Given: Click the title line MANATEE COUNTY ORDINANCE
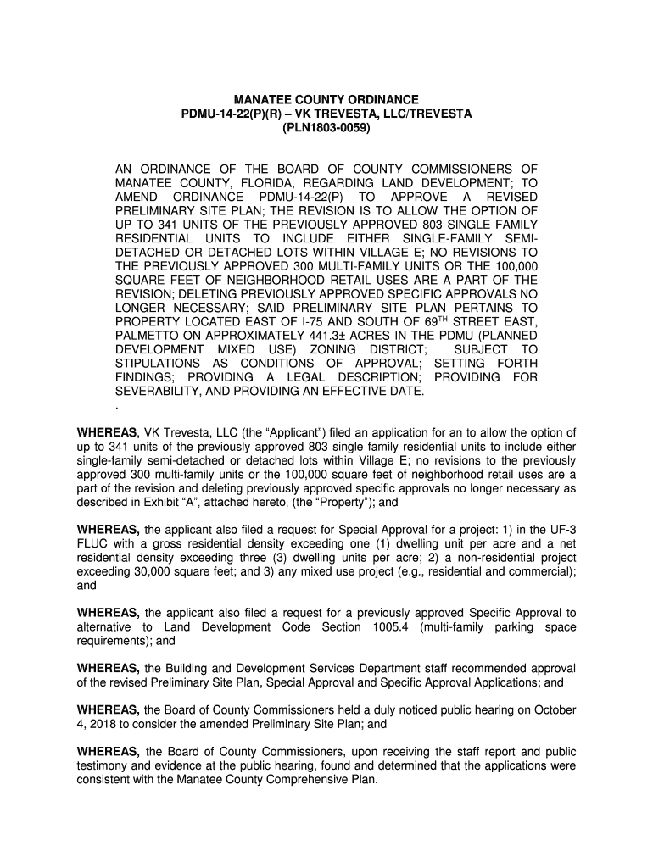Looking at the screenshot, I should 326,100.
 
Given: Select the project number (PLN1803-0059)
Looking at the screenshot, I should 326,131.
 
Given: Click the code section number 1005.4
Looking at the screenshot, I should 392,626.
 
